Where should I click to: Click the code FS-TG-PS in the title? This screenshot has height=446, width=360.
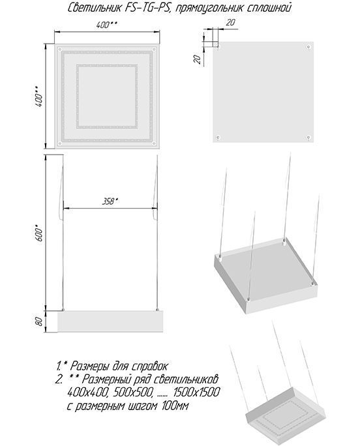[147, 8]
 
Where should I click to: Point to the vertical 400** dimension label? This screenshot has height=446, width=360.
[39, 97]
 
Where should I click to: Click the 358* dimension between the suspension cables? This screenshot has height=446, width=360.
[110, 201]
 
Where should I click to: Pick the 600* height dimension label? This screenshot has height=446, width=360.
[39, 233]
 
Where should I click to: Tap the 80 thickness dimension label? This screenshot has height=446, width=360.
[39, 321]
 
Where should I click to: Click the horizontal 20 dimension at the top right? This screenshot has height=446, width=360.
[230, 22]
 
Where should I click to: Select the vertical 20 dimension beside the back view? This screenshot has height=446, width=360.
[197, 59]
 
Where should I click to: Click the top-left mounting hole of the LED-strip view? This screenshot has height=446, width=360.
[60, 49]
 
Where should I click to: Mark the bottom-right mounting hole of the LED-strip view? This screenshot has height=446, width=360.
[154, 143]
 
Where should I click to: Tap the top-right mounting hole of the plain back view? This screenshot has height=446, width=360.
[308, 46]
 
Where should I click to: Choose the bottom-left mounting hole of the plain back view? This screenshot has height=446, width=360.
[218, 138]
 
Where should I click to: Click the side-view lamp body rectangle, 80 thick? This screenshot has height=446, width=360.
[110, 321]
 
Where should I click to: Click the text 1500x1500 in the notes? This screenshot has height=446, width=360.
[196, 393]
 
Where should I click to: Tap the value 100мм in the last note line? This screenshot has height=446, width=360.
[175, 406]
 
